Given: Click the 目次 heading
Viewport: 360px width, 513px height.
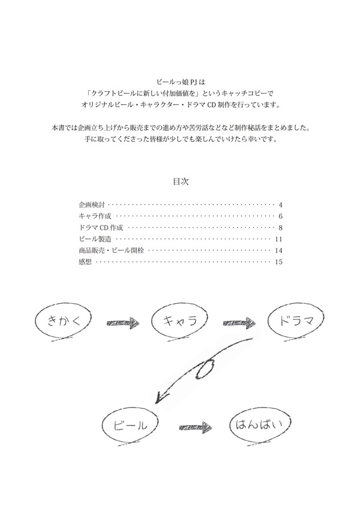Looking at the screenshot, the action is tap(181, 182).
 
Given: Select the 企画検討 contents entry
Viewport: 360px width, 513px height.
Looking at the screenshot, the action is tap(92, 205).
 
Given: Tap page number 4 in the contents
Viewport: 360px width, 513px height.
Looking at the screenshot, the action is tap(281, 205).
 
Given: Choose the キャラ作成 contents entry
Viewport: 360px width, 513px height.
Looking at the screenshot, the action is tap(95, 216).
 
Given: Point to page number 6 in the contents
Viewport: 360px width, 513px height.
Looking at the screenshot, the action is tap(281, 217).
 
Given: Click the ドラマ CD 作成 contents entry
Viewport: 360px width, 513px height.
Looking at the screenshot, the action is tap(101, 227).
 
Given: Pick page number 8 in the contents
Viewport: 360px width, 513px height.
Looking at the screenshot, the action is tap(281, 228).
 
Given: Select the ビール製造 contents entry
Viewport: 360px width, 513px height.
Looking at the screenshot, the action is tap(95, 239).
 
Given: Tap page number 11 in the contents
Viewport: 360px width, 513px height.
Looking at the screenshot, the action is tap(279, 239).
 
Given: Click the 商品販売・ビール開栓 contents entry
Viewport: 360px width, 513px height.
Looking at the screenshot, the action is tap(111, 251).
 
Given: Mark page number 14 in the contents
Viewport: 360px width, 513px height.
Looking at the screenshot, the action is tap(279, 251).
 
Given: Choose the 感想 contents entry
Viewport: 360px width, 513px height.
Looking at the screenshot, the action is tap(85, 262).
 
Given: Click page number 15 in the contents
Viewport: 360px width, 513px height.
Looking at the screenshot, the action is tap(279, 262).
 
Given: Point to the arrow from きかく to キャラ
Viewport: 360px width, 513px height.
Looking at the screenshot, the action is tap(123, 323).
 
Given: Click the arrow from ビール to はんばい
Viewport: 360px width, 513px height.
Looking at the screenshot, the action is tap(195, 427).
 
